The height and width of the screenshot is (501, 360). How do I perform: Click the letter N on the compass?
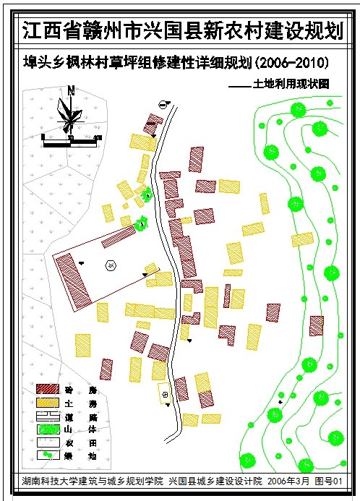pyautogui.click(x=70, y=90)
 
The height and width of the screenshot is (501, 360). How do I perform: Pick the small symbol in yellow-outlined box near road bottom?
pyautogui.click(x=166, y=394)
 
